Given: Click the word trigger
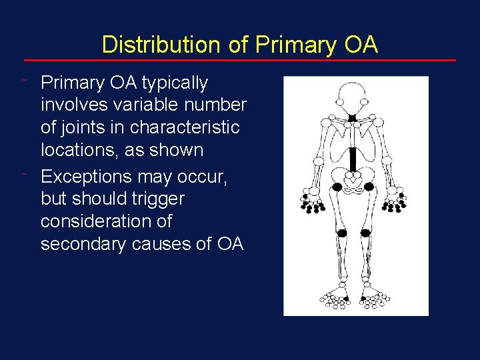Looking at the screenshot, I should coord(158,199).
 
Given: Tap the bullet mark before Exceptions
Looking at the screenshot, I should coord(24,175).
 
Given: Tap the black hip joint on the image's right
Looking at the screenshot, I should coord(368,187).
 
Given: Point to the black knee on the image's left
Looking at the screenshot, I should coord(342,233).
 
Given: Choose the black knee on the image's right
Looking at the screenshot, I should coord(365,233).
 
